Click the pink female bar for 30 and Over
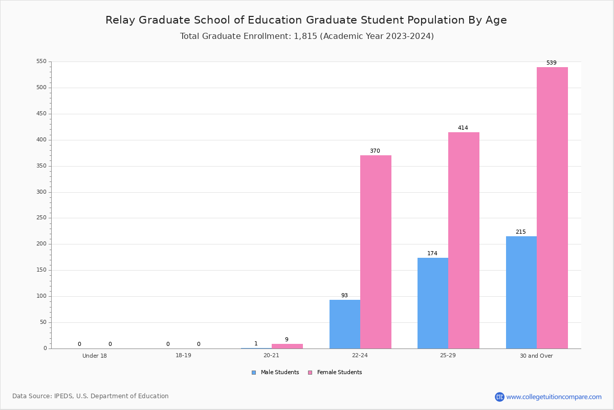point(552,208)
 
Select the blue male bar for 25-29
point(433,303)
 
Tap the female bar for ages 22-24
point(376,252)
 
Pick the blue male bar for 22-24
point(344,324)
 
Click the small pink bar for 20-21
point(287,346)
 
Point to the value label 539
point(551,63)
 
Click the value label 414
point(463,128)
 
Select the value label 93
point(344,296)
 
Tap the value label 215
point(520,232)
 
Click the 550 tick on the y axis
point(41,61)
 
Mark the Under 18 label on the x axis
point(95,356)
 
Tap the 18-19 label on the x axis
point(183,356)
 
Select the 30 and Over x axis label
point(536,356)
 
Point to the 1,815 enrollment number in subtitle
point(305,36)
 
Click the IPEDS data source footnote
point(90,396)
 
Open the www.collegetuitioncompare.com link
point(554,397)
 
